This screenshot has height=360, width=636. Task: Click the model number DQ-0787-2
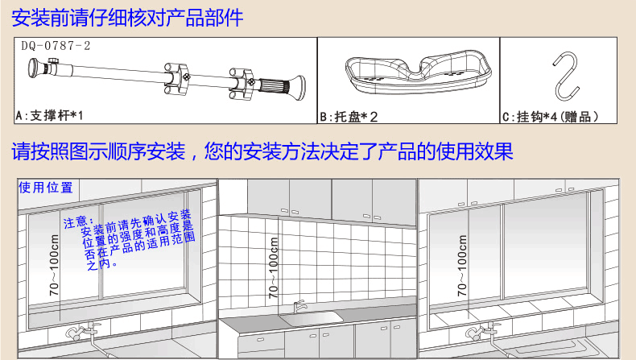(56, 46)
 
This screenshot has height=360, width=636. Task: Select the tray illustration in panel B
(418, 72)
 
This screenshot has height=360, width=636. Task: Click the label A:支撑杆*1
(49, 116)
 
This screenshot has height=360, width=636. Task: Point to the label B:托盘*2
(349, 117)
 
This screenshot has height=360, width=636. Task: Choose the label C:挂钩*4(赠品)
(550, 117)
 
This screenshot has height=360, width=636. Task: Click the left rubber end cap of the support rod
(33, 68)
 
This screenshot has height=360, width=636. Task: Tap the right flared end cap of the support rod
(299, 87)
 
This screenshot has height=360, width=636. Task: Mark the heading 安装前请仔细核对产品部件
(127, 18)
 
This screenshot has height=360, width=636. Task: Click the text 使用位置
(46, 188)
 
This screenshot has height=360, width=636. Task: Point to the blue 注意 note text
(129, 239)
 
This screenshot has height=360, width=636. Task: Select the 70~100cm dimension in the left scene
(54, 266)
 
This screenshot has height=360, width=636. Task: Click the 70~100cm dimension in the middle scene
(274, 268)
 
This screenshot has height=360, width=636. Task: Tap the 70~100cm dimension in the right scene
(461, 266)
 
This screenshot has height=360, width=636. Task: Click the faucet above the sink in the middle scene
(299, 306)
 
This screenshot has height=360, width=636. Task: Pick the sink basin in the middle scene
(312, 319)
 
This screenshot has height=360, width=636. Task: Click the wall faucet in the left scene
(84, 332)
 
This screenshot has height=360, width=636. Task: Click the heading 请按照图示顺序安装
(98, 151)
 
